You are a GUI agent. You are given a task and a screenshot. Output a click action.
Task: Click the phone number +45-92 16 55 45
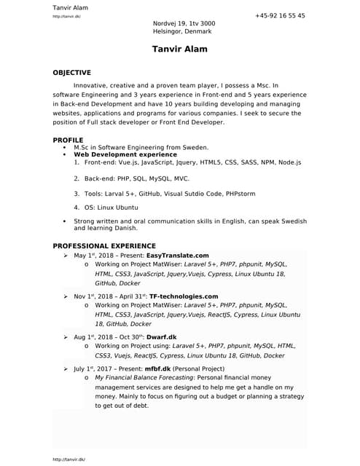pos(280,15)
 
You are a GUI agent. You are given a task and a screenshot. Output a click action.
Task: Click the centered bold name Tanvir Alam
pos(179,50)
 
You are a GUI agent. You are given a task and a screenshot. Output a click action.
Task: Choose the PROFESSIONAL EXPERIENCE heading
pos(103,246)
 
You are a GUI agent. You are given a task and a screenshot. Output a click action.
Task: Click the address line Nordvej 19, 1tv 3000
pos(184,23)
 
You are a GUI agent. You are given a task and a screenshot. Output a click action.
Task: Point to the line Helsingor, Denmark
pos(182,31)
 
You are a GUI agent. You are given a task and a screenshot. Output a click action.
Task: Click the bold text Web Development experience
pos(125,154)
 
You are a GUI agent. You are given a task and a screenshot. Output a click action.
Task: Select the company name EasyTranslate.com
pos(177,256)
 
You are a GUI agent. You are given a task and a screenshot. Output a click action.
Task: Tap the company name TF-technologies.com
pos(183,296)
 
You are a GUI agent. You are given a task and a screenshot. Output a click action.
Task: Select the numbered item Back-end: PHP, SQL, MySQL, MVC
pos(137,178)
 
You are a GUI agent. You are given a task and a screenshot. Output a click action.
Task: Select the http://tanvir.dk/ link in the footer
pos(69,459)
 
